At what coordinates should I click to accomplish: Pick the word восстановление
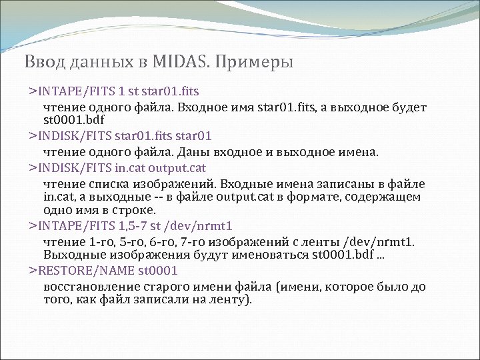(90, 287)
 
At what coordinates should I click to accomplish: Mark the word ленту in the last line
(227, 299)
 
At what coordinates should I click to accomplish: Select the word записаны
(348, 183)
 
